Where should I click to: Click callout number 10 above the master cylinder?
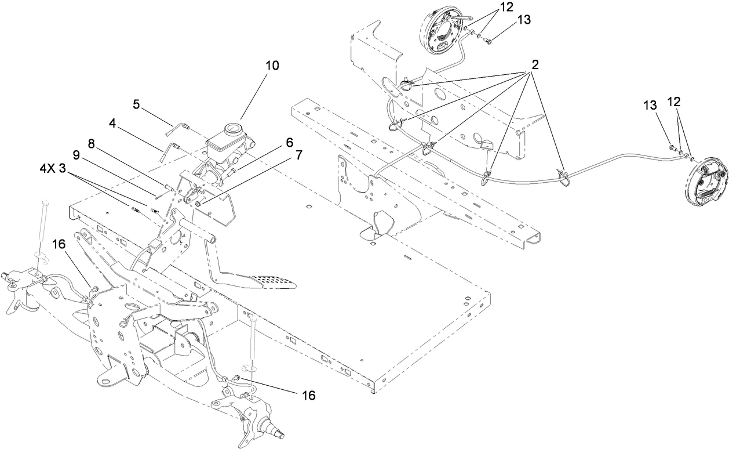pyautogui.click(x=272, y=66)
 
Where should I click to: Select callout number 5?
pyautogui.click(x=136, y=104)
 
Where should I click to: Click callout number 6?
pyautogui.click(x=289, y=142)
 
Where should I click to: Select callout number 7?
pyautogui.click(x=298, y=155)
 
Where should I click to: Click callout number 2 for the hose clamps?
pyautogui.click(x=534, y=64)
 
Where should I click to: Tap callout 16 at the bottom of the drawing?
pyautogui.click(x=309, y=395)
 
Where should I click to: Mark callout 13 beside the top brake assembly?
pyautogui.click(x=523, y=19)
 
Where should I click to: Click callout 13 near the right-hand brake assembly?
pyautogui.click(x=650, y=105)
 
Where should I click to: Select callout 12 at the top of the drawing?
pyautogui.click(x=506, y=8)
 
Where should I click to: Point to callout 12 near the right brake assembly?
pyautogui.click(x=673, y=101)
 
